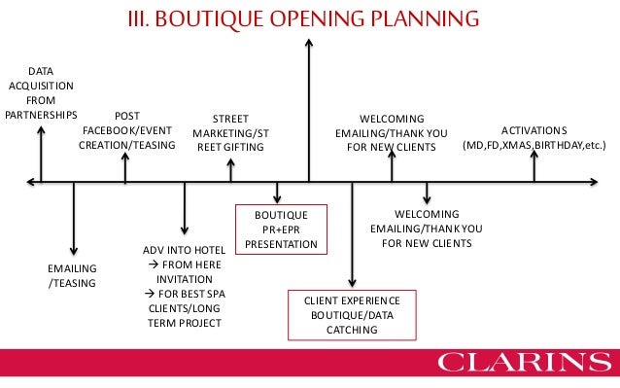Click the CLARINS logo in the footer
pyautogui.click(x=524, y=365)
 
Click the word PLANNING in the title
pyautogui.click(x=429, y=18)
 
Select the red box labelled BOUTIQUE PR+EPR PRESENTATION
pyautogui.click(x=281, y=229)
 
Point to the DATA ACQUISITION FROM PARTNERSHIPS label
pyautogui.click(x=41, y=92)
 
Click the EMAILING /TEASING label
pyautogui.click(x=73, y=275)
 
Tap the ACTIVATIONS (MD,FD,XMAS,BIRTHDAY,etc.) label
pyautogui.click(x=534, y=138)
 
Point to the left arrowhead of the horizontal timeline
pyautogui.click(x=33, y=181)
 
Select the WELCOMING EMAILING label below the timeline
pyautogui.click(x=427, y=229)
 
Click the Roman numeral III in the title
pyautogui.click(x=143, y=18)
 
